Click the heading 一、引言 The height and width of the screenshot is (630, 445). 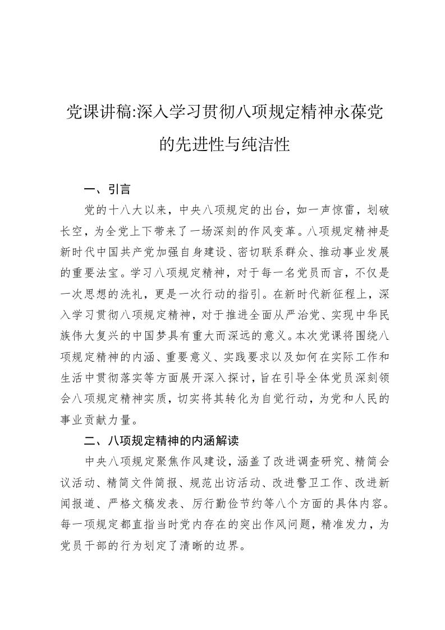click(x=107, y=190)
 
